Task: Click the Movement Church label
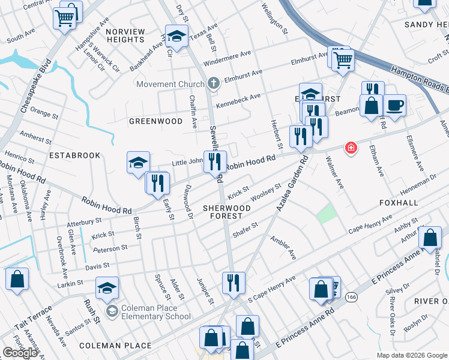[170, 84]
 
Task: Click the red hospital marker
[350, 148]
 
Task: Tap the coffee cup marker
[394, 105]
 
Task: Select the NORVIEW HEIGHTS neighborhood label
[125, 35]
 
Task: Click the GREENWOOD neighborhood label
[156, 121]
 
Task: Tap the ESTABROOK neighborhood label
[74, 155]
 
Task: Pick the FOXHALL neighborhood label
[399, 203]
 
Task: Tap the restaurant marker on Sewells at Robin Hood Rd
[213, 161]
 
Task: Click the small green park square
[326, 214]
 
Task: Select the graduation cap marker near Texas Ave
[176, 36]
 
